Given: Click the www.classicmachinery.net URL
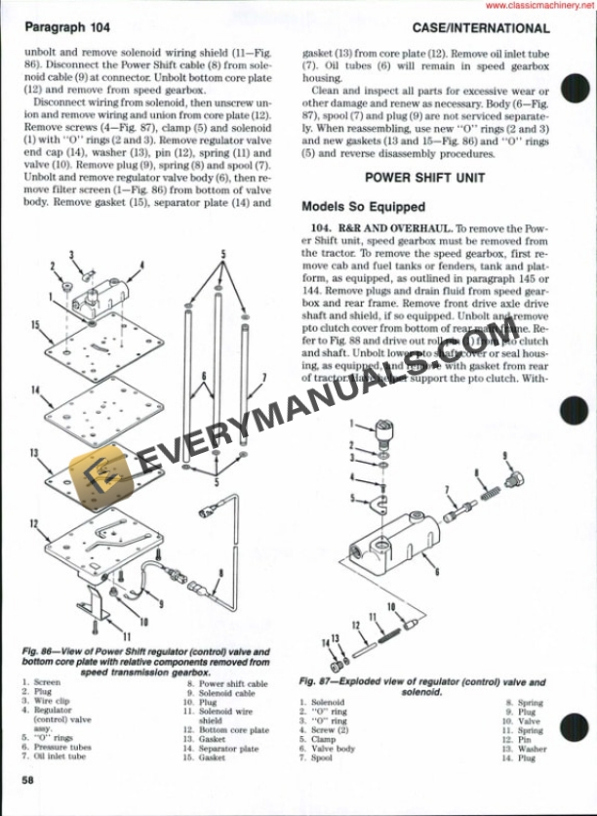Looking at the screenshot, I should click(x=540, y=6).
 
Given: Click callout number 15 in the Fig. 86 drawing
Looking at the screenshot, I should click(x=35, y=324).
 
